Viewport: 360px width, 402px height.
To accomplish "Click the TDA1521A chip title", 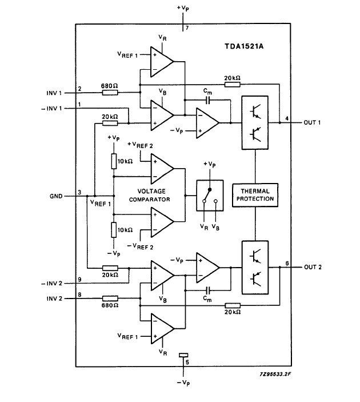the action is tap(244, 46).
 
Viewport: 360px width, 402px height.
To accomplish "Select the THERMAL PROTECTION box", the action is tap(255, 195).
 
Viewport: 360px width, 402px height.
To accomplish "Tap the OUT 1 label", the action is tap(312, 122).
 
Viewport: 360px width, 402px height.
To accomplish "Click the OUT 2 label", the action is tap(313, 267).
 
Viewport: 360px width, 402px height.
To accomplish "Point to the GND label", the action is tap(56, 196).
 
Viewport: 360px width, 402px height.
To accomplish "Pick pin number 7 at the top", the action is tap(187, 27).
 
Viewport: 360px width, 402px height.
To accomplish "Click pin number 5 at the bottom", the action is tap(187, 363).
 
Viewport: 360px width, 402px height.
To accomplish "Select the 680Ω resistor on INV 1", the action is tap(110, 93).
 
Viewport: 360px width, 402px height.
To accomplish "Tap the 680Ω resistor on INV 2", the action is tap(110, 298).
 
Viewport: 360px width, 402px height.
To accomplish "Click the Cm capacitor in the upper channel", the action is tap(208, 100).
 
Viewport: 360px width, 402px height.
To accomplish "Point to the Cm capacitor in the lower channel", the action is tap(209, 290).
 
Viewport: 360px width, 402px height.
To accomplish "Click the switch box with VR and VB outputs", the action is tap(210, 196).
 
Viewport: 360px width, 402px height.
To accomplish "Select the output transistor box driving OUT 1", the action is tap(255, 122).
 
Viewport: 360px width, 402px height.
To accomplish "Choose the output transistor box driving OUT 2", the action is tap(255, 267).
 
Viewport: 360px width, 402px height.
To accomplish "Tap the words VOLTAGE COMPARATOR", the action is tap(150, 196).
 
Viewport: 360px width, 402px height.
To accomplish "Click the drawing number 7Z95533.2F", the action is tap(275, 374).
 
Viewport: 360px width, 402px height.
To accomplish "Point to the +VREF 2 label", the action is tap(140, 145).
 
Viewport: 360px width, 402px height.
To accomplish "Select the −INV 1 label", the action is tap(52, 109).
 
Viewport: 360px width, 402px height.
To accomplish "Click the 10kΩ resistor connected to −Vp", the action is tap(114, 230).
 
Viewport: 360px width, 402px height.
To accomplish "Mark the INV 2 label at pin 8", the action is tap(54, 298).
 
